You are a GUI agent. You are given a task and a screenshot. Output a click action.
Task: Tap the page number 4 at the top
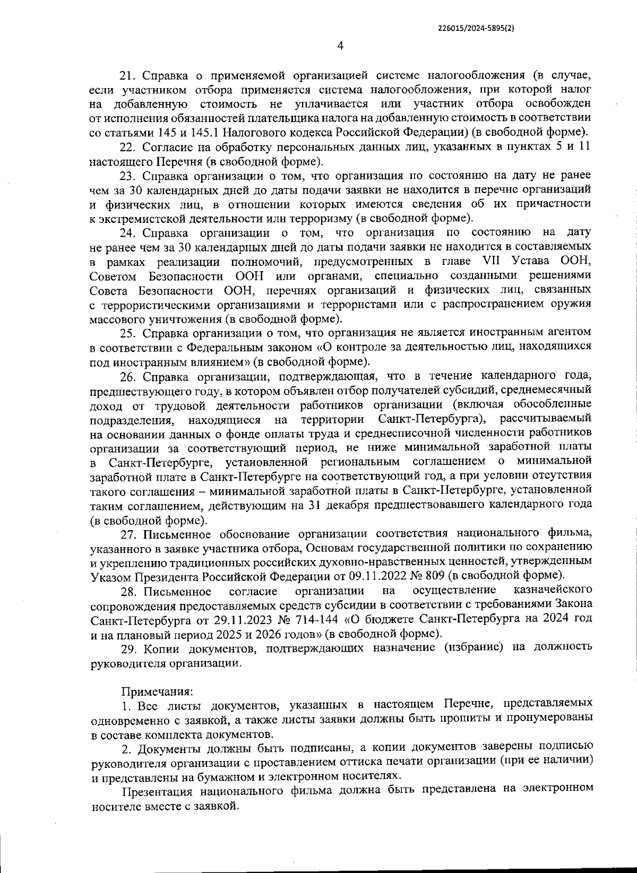point(340,46)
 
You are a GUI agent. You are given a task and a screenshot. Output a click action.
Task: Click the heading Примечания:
point(158,692)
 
